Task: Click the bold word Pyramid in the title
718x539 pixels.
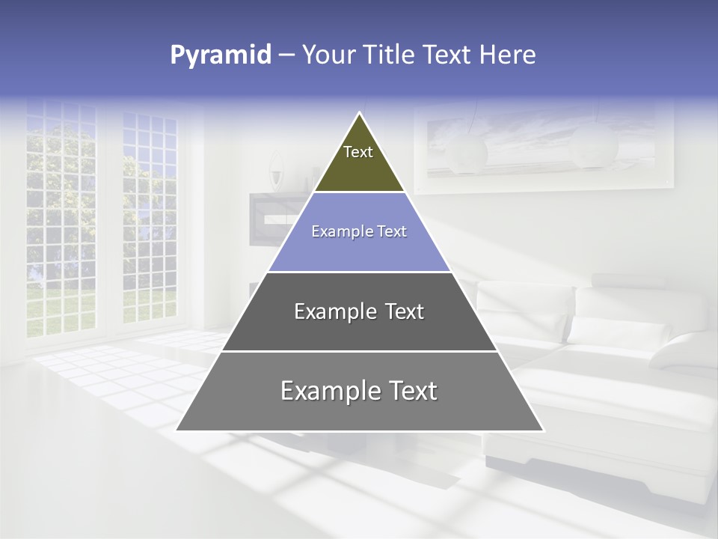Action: pyautogui.click(x=220, y=55)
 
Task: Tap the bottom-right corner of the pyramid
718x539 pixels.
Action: pyautogui.click(x=542, y=430)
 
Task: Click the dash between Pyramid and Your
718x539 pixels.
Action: pyautogui.click(x=286, y=55)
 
